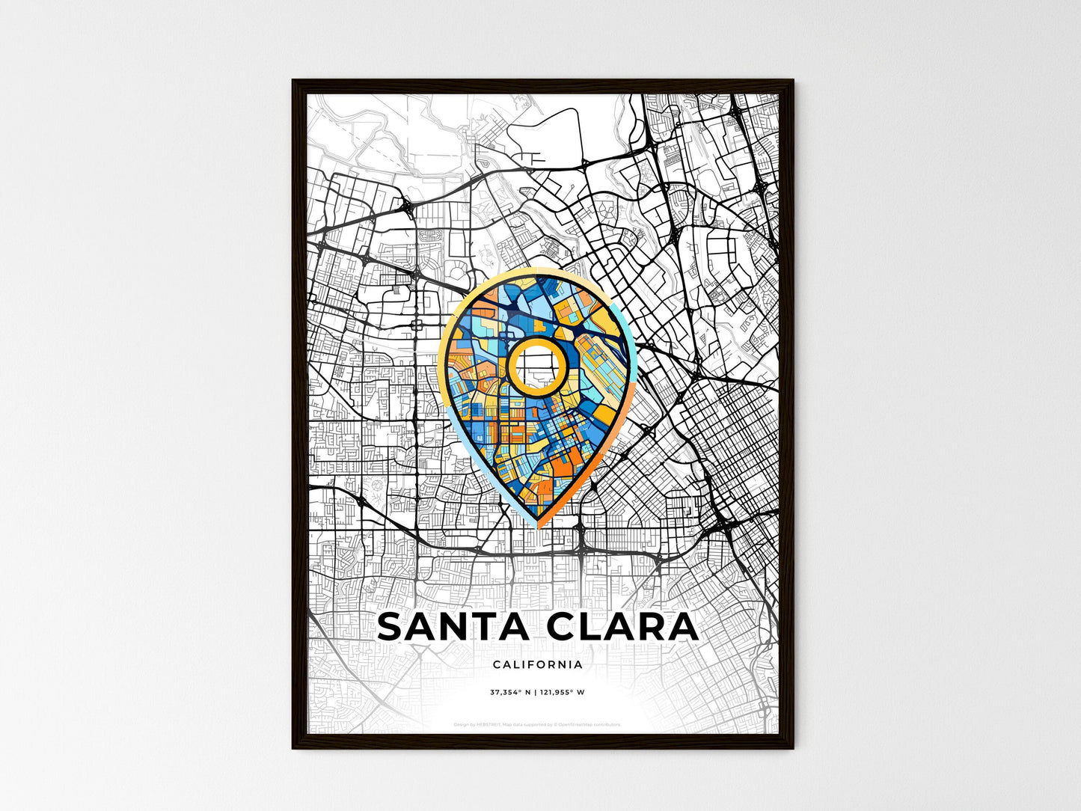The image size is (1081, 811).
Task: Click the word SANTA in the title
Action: point(456,627)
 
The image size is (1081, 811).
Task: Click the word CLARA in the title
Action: point(622,627)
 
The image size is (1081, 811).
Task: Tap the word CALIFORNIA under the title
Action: point(538,664)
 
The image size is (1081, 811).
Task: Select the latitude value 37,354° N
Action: point(510,692)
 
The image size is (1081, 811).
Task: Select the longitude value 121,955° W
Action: point(562,692)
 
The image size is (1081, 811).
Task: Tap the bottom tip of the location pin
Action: point(538,526)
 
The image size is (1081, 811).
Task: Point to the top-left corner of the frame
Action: point(294,82)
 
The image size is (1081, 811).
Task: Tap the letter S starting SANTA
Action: point(391,627)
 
